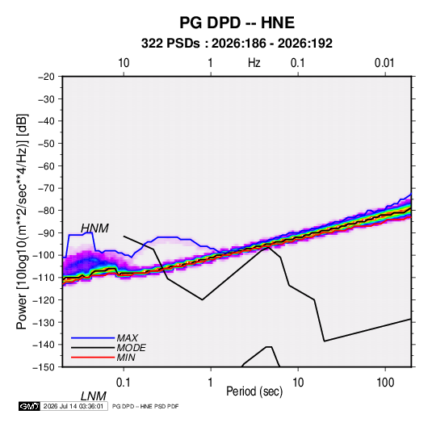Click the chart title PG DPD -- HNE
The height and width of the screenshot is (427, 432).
point(237,23)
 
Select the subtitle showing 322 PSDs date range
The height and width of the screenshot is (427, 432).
point(237,44)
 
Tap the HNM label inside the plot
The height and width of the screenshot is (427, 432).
point(94,228)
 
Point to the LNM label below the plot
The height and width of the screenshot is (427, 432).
point(94,396)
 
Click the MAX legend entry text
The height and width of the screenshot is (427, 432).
point(127,338)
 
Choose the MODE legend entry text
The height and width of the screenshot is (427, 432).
point(131,348)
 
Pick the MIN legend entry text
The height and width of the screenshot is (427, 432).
point(126,358)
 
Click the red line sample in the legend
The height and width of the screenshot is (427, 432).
point(93,358)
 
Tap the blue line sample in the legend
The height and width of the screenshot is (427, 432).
point(93,338)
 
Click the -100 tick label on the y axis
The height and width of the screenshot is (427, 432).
point(44,255)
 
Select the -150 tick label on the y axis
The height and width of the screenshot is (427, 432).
point(44,367)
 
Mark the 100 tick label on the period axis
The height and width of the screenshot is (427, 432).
point(385,383)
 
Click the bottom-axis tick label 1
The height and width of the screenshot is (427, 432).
point(211,383)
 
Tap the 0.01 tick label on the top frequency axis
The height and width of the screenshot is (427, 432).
point(384,63)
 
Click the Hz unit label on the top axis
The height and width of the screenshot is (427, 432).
point(254,63)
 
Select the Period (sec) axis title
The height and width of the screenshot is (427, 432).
point(254,391)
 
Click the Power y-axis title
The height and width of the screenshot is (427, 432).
point(22,222)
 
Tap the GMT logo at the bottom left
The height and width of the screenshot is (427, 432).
point(30,406)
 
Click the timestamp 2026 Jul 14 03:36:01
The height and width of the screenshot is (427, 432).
point(73,406)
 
